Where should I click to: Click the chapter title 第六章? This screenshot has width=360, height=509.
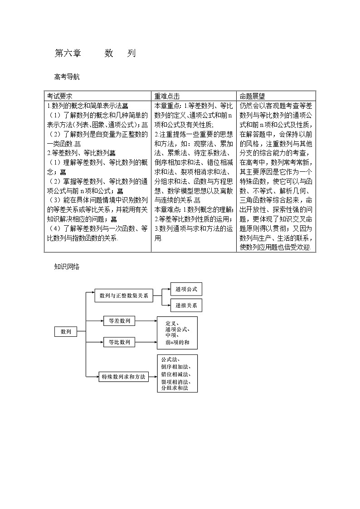point(68,53)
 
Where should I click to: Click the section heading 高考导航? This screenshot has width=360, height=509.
point(67,77)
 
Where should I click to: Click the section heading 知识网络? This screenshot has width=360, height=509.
point(67,267)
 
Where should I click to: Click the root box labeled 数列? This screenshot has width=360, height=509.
point(66,332)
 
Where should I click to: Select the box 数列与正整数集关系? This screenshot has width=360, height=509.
point(124,296)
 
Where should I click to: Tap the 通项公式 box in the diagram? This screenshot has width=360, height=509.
point(186,289)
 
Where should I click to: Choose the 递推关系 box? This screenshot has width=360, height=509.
point(186,305)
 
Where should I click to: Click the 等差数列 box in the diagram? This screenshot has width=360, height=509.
point(119,321)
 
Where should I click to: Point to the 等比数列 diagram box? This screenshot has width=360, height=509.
point(119,342)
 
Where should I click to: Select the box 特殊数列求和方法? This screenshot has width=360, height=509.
point(123,376)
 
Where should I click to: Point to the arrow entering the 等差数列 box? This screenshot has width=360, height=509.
point(101,321)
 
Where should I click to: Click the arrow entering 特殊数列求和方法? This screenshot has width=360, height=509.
point(96,376)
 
